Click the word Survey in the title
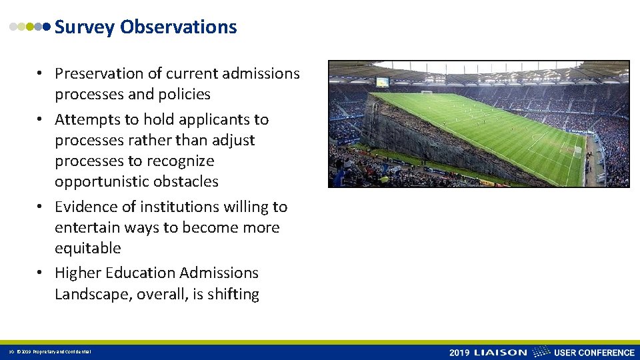pos(85,27)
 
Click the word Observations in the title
pos(178,27)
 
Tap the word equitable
pos(88,249)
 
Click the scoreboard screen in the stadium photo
pos(383,82)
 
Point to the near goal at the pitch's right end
pos(577,151)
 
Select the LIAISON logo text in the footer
pos(500,353)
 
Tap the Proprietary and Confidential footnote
pos(55,352)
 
